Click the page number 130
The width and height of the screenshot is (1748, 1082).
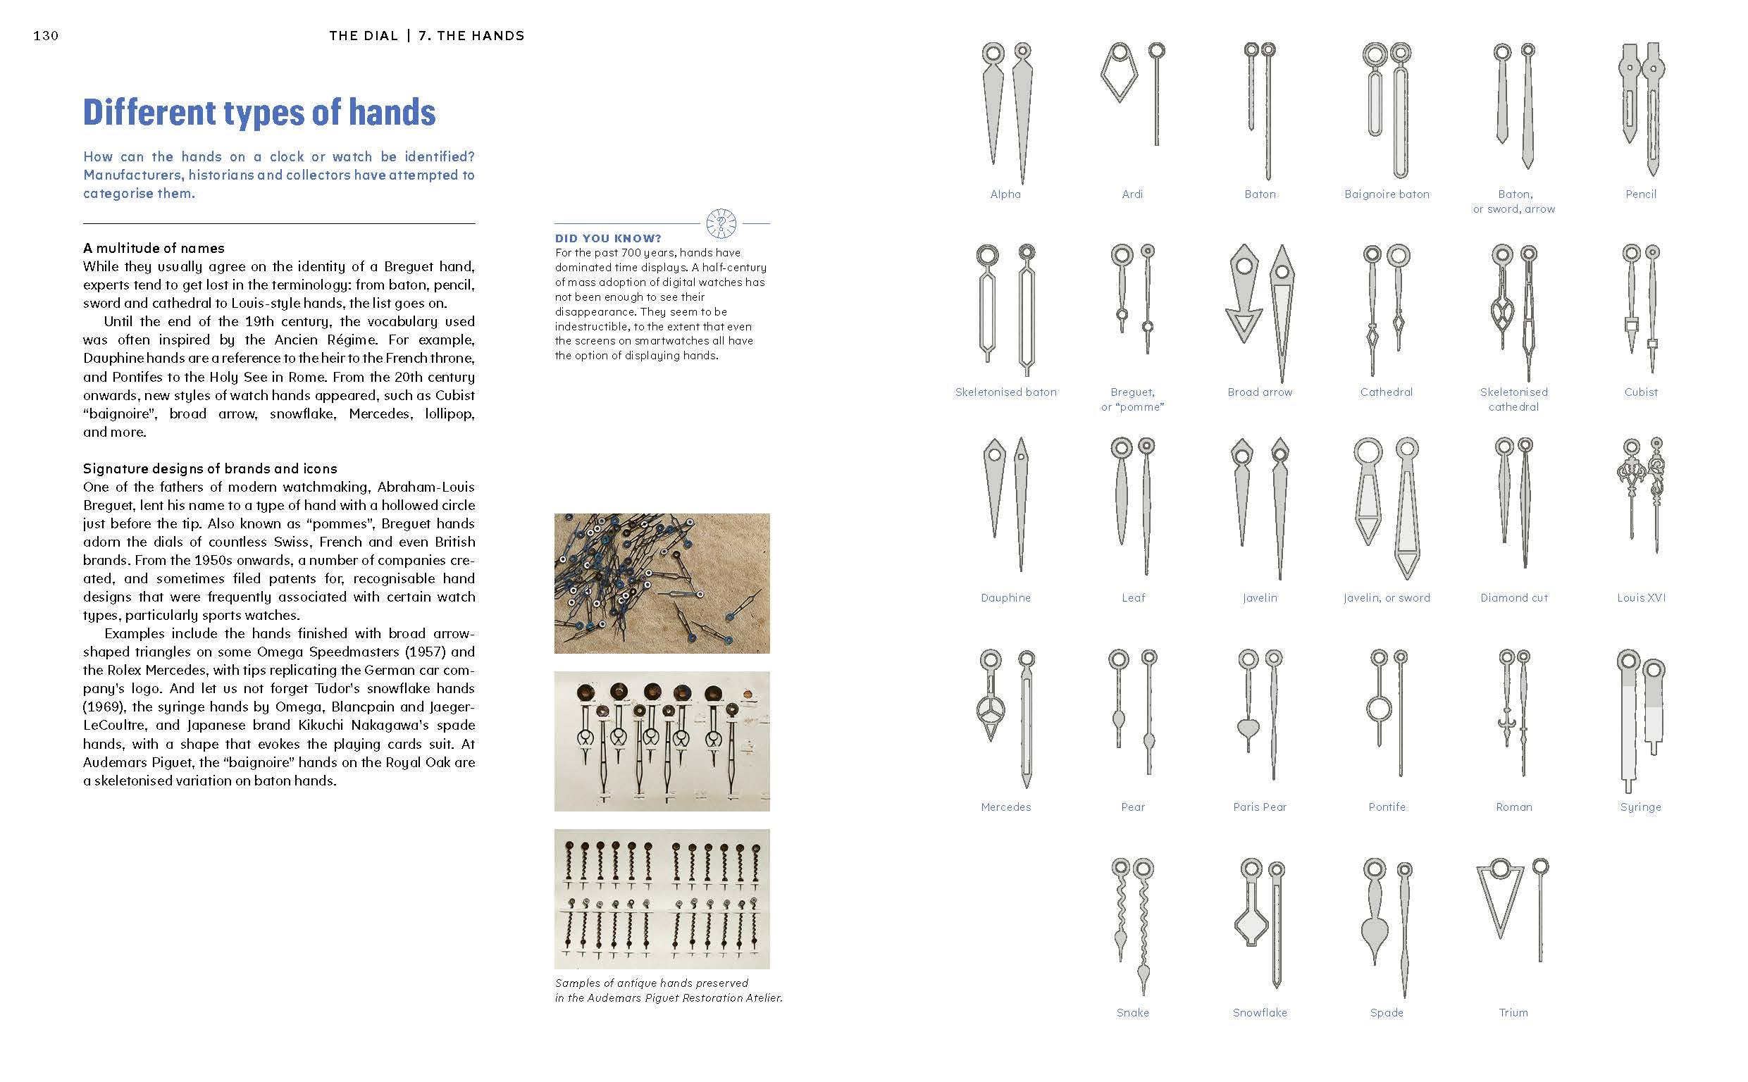(46, 36)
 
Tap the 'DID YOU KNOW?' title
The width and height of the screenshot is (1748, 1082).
(607, 238)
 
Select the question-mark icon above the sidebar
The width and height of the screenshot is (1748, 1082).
(721, 224)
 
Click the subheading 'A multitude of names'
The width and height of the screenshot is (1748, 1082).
(153, 249)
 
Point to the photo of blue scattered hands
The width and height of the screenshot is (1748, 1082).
(662, 583)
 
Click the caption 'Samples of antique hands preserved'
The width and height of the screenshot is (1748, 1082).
(651, 983)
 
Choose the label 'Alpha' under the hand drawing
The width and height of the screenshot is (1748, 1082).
(1005, 194)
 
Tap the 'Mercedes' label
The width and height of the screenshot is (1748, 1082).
(1005, 807)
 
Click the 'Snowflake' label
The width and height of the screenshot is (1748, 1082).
(1259, 1012)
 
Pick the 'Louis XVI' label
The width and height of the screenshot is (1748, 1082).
(1641, 597)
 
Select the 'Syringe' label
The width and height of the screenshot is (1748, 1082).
(1641, 807)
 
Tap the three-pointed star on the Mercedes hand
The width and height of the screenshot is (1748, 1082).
(991, 711)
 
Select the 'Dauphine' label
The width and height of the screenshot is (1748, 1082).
(1005, 597)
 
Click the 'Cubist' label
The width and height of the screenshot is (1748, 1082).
(1641, 392)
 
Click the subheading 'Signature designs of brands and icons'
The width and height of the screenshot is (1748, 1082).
(210, 468)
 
